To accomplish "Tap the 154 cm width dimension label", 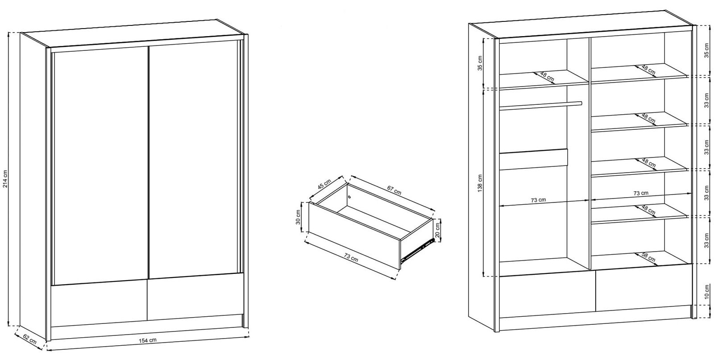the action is tap(148, 340).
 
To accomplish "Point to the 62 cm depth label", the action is tap(29, 339).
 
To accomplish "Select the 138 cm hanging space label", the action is tap(480, 183).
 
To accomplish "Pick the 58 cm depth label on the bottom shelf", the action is tap(648, 257).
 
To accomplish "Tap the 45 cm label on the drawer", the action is tap(324, 184).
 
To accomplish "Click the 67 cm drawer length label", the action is tap(394, 190).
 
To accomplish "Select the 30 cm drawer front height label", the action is tap(299, 217).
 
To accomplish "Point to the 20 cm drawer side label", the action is tap(438, 230).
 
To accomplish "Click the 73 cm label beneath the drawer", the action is tap(351, 257).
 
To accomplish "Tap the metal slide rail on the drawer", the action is tap(417, 251).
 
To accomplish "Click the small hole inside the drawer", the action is tap(349, 197).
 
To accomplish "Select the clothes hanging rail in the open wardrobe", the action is tap(540, 105).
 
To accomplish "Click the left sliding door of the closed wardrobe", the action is tap(100, 166).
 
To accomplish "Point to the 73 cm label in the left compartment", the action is tap(538, 200).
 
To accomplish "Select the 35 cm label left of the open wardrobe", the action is tap(480, 63).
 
